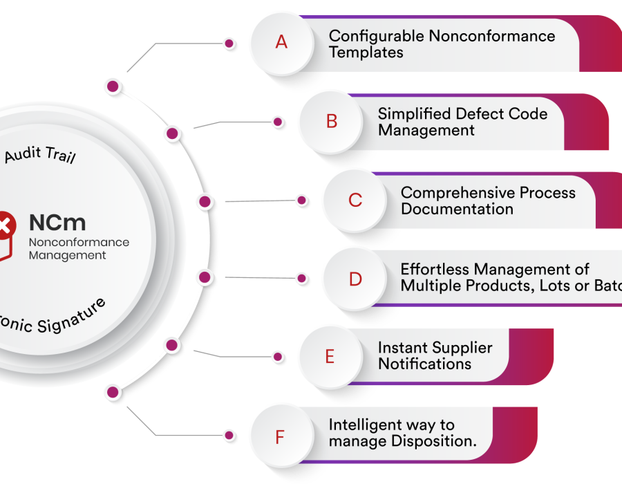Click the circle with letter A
coord(281,42)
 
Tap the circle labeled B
coord(332,122)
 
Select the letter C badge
coord(355,201)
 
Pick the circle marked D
coord(355,279)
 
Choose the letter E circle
coord(330,357)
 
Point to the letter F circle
coord(280,437)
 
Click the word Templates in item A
coord(366,53)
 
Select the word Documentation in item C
coord(457,209)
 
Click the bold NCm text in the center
coord(57,223)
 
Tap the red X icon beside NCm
coord(5,224)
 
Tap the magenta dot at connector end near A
coord(229,44)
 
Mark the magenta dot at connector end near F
coord(229,436)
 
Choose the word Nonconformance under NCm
coord(79,243)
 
